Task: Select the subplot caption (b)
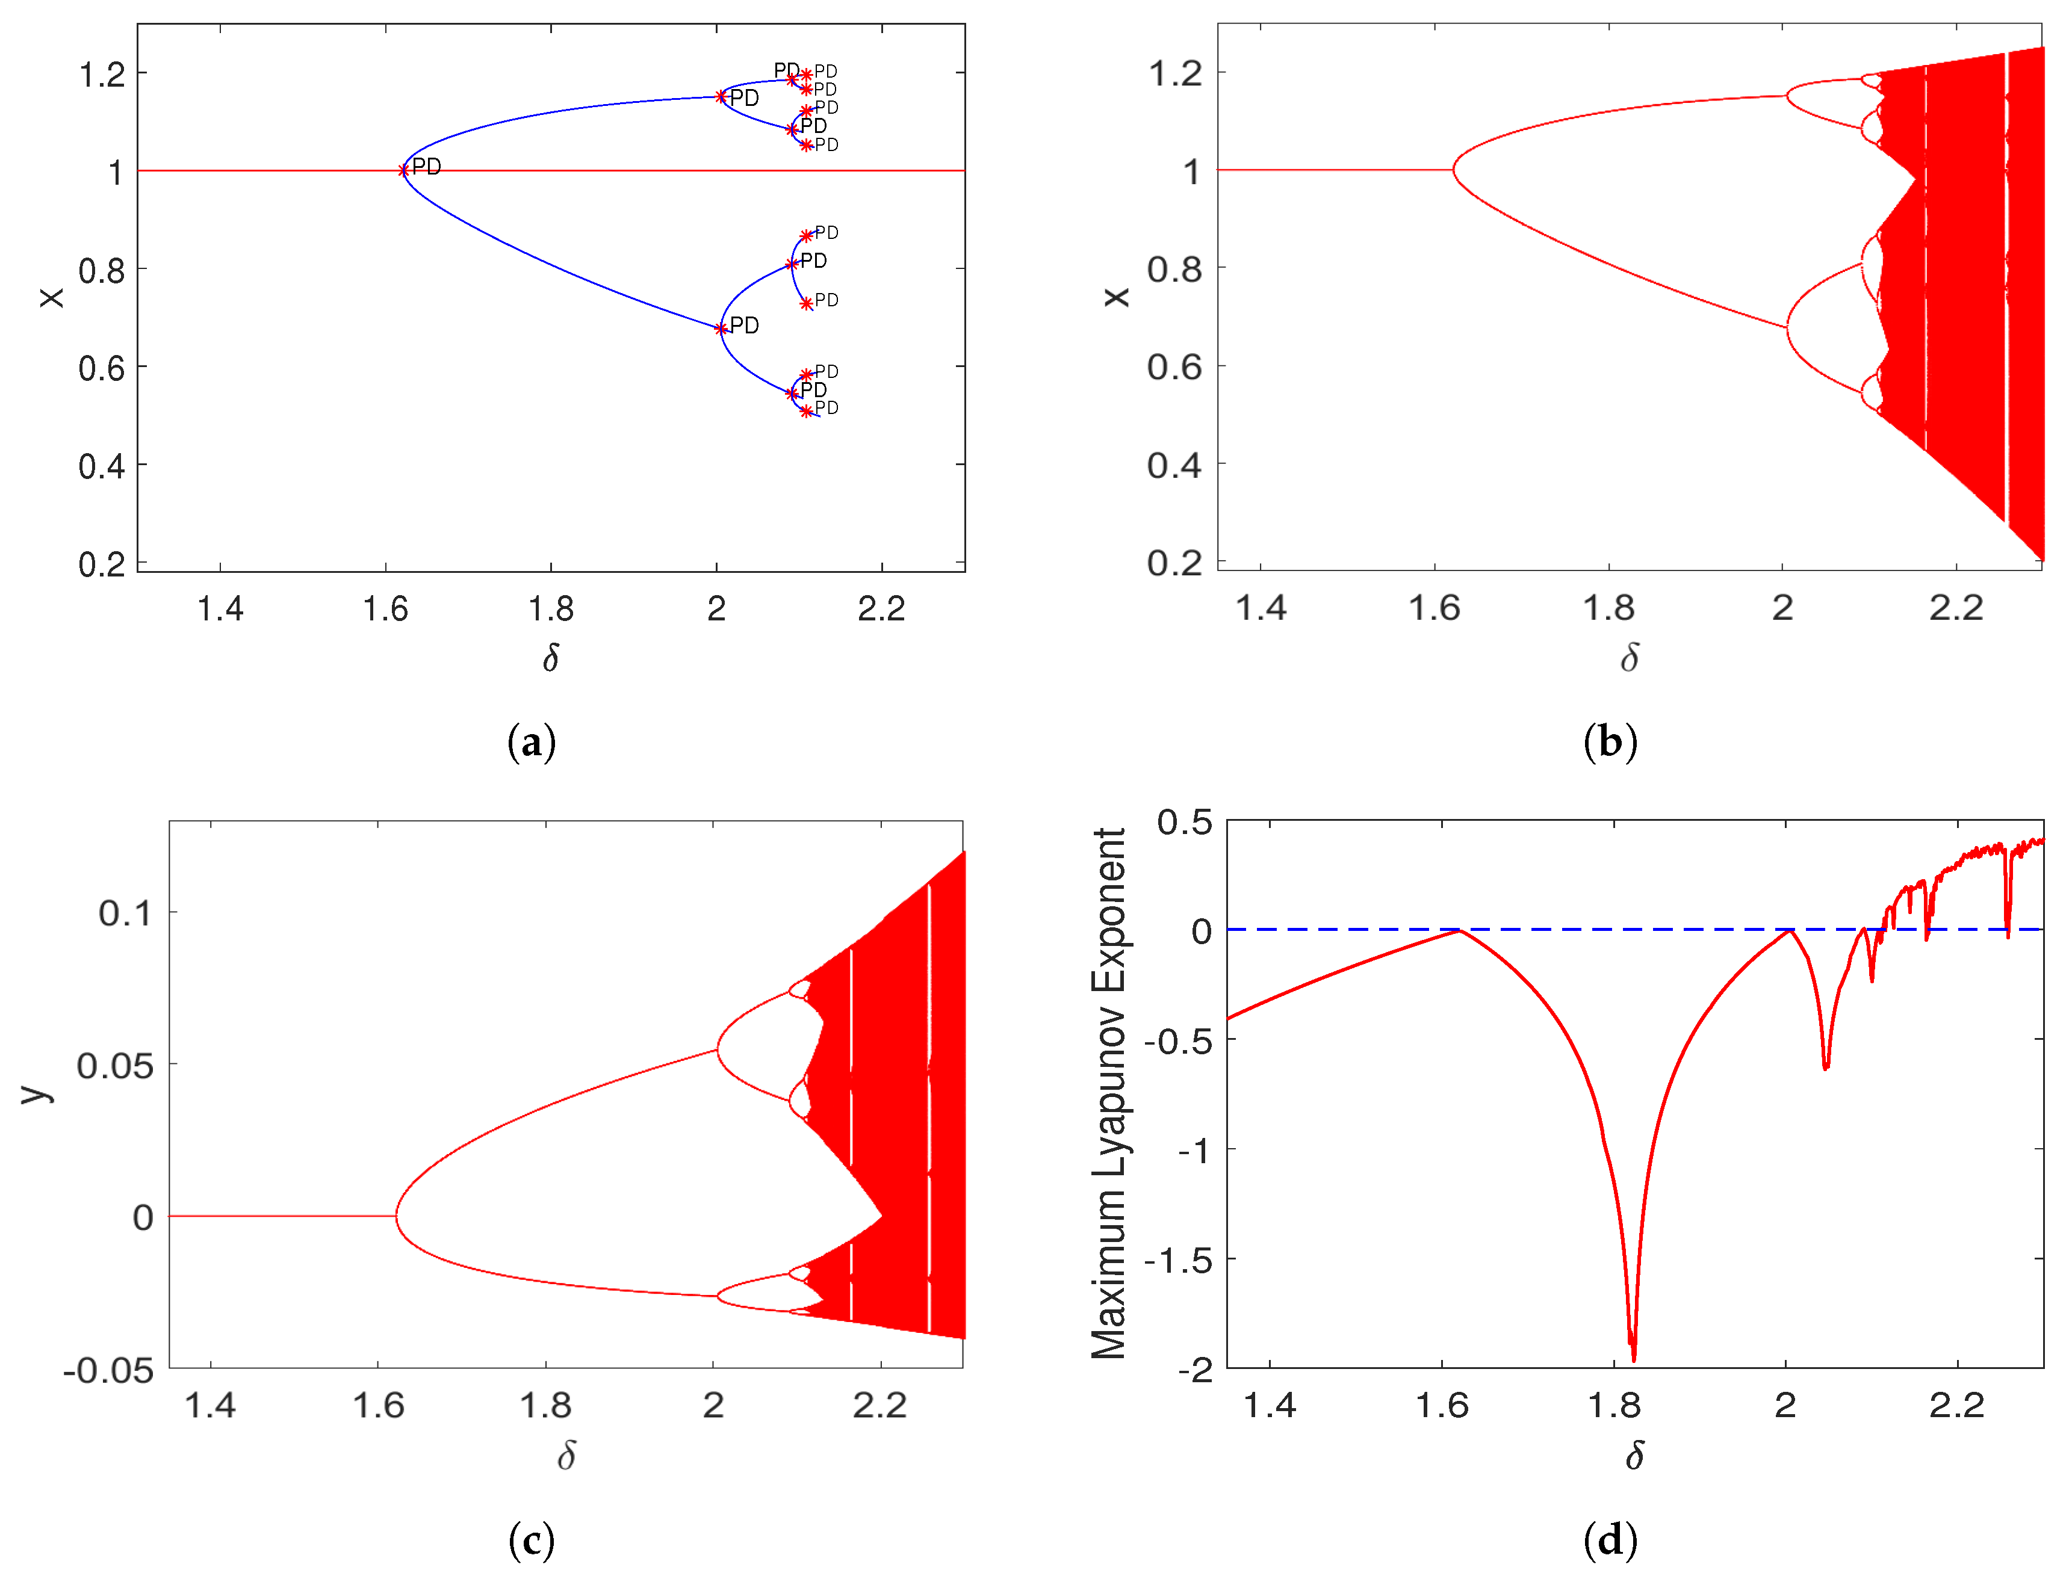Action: (x=1610, y=743)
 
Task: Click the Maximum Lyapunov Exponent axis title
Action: (x=1109, y=1093)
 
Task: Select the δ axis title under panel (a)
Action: (x=551, y=658)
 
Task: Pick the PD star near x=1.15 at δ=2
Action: (x=721, y=97)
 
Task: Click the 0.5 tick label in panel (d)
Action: (x=1185, y=823)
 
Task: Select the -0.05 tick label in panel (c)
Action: (x=108, y=1370)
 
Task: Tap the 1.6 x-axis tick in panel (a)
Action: (x=385, y=609)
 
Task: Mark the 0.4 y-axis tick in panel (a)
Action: (x=102, y=465)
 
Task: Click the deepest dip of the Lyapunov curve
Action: (x=1633, y=1358)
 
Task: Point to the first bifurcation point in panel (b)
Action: (x=1454, y=170)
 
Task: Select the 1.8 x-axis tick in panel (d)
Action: (x=1613, y=1406)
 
